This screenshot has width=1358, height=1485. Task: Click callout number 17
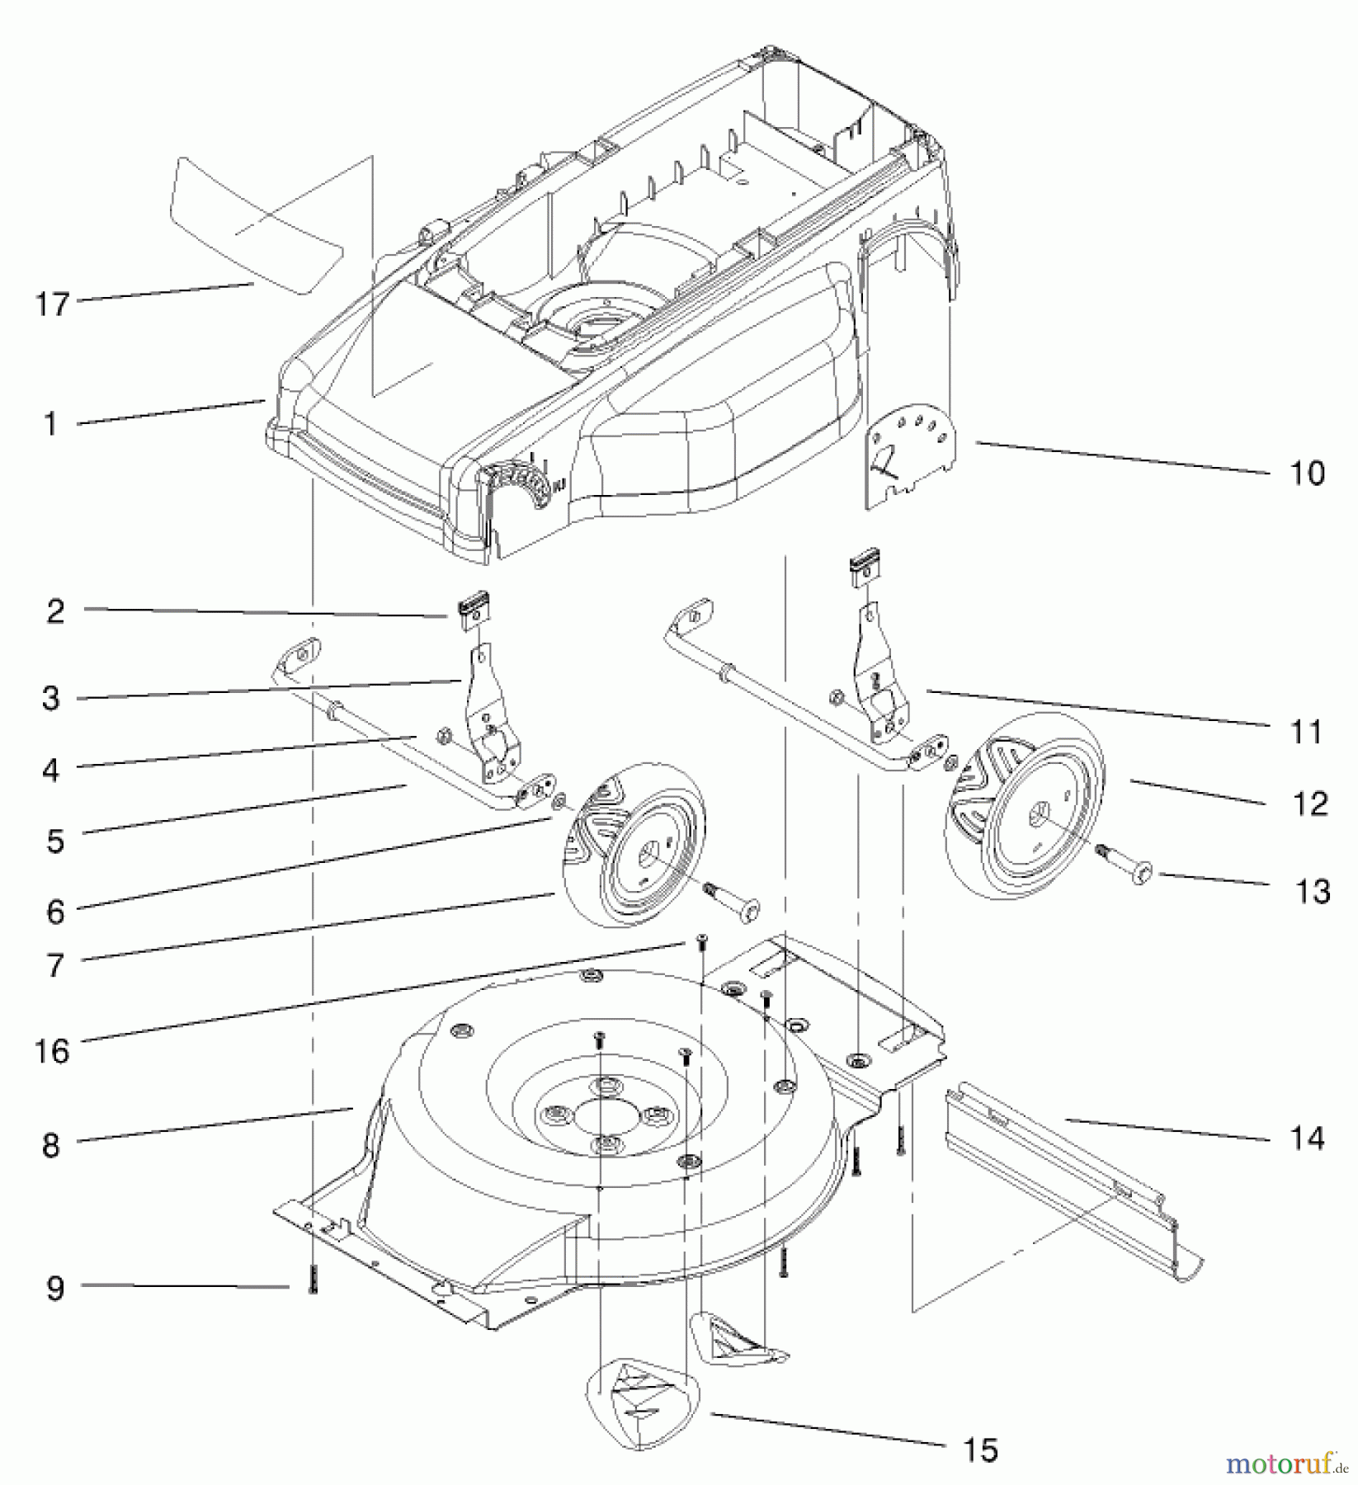(51, 304)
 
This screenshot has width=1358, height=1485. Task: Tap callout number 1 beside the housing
(51, 424)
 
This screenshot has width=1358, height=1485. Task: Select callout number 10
(1306, 474)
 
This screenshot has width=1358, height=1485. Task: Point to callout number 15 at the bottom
(980, 1449)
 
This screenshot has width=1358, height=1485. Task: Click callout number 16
(51, 1051)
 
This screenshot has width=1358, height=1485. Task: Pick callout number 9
(54, 1288)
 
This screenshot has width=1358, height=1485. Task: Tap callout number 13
(1312, 891)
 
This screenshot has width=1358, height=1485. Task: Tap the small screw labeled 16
(700, 940)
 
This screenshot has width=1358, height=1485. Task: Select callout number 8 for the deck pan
(51, 1145)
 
